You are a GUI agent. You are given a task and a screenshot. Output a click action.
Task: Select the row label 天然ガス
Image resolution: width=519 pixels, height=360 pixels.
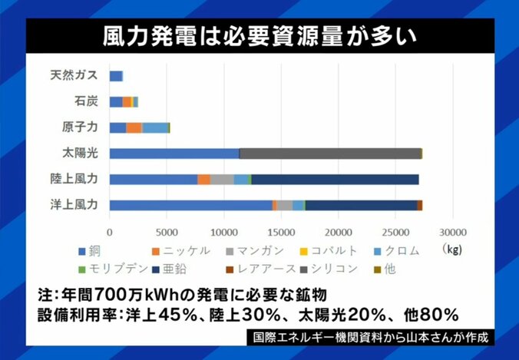point(75,76)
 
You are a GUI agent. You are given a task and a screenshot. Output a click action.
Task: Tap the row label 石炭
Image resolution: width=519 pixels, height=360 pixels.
point(86,101)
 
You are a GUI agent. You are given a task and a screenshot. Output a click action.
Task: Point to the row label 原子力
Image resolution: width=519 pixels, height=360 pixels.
point(81,127)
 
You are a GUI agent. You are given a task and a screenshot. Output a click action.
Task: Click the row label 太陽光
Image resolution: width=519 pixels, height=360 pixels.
point(81,153)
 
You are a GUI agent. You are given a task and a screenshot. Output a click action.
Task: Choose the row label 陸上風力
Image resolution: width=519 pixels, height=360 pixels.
point(75,179)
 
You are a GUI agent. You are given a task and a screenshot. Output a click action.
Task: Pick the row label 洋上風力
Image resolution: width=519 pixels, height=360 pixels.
point(75,204)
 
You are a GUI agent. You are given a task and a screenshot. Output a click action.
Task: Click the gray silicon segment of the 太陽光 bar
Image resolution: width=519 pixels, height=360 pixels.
point(330,153)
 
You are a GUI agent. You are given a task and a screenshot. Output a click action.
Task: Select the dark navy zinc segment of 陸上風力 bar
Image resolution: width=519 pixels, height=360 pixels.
point(334,179)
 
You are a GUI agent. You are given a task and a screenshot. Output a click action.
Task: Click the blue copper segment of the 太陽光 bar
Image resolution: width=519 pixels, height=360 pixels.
point(174,153)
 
